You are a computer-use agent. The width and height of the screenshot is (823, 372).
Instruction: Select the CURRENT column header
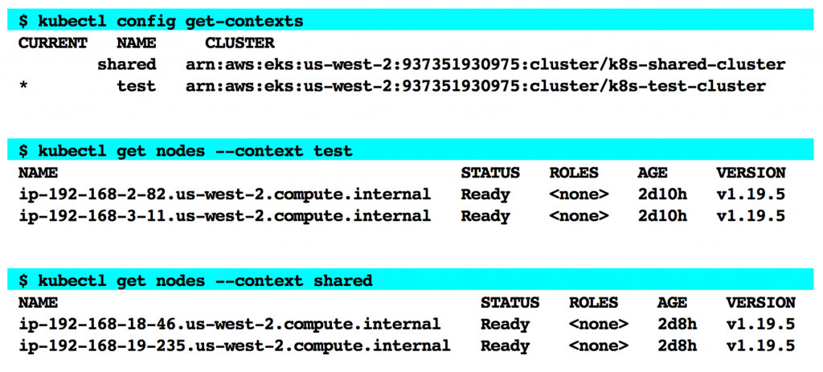tap(52, 43)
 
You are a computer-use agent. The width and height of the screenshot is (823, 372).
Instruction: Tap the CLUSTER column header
tap(240, 43)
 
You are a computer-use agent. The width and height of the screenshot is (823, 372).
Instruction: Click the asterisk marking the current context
tap(23, 86)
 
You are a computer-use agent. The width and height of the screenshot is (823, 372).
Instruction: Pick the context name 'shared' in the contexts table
tap(126, 64)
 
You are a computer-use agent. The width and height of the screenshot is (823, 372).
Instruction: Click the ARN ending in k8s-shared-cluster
tap(485, 64)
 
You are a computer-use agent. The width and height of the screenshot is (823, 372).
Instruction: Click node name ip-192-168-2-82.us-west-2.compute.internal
tap(224, 194)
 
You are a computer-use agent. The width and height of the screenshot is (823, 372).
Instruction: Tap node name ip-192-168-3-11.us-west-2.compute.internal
tap(224, 216)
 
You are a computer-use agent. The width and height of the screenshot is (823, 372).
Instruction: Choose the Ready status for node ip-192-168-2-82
tap(485, 194)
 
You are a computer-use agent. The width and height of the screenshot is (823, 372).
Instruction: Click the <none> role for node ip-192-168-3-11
tap(579, 216)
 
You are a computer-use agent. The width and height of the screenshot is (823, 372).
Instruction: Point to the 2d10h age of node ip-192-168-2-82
tap(662, 194)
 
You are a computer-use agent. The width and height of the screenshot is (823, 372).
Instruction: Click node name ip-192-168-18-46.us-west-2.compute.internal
tap(229, 325)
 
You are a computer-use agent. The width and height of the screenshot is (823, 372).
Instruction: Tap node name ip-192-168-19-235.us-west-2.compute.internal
tap(234, 346)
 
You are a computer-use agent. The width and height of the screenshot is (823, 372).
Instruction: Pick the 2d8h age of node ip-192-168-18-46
tap(677, 325)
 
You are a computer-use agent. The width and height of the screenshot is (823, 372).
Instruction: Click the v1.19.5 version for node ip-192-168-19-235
tap(760, 346)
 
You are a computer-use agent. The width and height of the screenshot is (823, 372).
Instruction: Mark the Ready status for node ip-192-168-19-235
tap(505, 346)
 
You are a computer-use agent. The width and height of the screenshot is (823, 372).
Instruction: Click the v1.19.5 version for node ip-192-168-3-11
tap(751, 216)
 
